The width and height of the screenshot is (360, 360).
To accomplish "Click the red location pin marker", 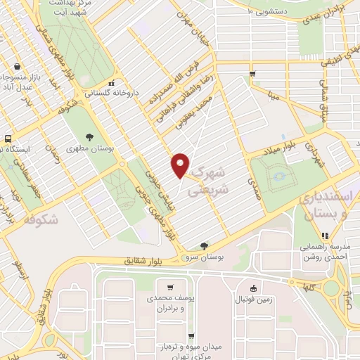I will click(x=180, y=165).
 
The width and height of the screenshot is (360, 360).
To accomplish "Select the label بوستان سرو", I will click(x=205, y=258).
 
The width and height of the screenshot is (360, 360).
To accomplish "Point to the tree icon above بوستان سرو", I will click(x=204, y=245).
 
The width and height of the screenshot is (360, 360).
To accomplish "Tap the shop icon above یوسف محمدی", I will click(x=171, y=287).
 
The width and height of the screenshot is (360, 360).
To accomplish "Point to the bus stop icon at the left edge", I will click(x=8, y=139).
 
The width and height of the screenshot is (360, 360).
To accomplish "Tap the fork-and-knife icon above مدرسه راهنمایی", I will click(x=325, y=236).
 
